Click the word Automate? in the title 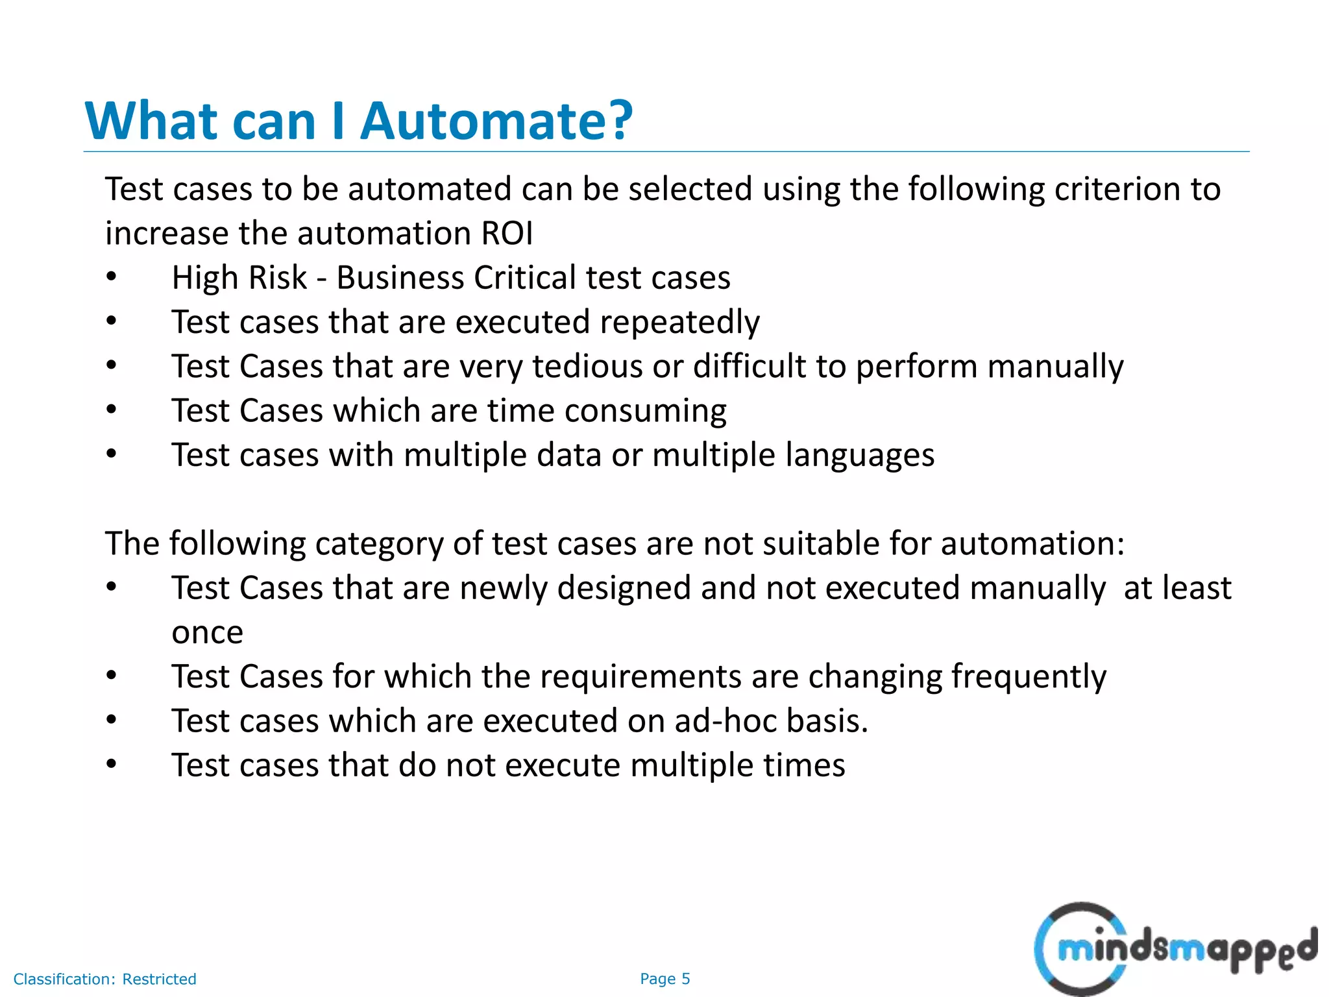pos(496,121)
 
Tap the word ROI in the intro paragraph pos(507,234)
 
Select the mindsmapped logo pos(1175,949)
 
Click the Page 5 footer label pos(664,979)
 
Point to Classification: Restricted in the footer pos(104,979)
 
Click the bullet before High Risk pos(112,278)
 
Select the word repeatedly pos(679,323)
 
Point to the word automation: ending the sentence pos(1032,544)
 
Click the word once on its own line pos(207,633)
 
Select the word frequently pos(1029,677)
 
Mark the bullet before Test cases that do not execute pos(112,765)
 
